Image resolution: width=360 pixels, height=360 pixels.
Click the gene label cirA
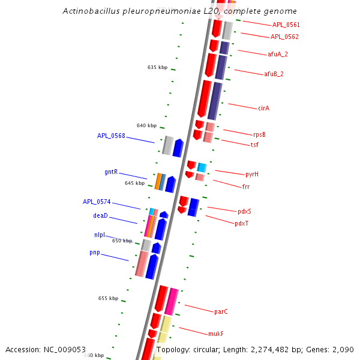pos(263,109)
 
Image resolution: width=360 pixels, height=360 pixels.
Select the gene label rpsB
pos(259,134)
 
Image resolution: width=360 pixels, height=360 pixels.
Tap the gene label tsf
pos(254,145)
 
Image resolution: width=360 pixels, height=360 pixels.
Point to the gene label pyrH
pos(252,175)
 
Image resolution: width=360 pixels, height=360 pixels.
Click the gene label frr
pos(246,187)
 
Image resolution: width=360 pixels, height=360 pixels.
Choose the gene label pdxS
pos(244,211)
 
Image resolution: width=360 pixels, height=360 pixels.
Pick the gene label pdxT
pos(241,224)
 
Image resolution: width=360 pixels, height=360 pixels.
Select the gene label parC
pos(221,312)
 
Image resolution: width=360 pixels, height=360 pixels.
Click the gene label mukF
pos(215,334)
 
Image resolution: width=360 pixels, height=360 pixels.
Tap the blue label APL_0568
pos(111,136)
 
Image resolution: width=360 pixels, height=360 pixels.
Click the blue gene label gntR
pos(111,172)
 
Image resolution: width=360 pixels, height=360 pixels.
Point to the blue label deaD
pos(100,215)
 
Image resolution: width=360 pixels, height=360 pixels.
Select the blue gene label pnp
pos(95,253)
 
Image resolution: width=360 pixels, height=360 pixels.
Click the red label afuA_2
pos(278,55)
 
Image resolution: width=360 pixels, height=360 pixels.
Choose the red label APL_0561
pos(286,25)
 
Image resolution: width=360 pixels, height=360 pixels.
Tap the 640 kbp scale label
pos(146,126)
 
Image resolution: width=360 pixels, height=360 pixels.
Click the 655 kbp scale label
pos(108,298)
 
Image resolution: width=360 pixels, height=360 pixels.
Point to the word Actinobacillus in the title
pos(91,11)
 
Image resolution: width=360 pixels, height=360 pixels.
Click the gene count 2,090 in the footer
pos(343,349)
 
